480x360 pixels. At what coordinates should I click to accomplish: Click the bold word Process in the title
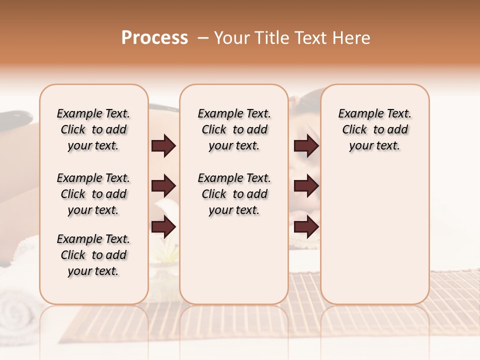(x=154, y=38)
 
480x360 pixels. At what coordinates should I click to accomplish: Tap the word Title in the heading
(x=271, y=38)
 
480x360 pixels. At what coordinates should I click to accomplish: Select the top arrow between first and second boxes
(x=163, y=146)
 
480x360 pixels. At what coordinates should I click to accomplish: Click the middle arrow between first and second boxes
(x=163, y=186)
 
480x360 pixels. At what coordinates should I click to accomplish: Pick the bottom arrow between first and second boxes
(x=163, y=227)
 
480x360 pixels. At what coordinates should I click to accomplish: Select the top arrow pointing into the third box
(x=306, y=146)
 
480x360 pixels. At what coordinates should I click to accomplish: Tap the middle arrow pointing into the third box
(x=306, y=186)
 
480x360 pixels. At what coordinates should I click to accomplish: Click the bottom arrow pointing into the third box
(x=306, y=227)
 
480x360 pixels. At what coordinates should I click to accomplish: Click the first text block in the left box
(x=93, y=129)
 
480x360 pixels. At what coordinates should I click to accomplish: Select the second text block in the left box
(x=93, y=194)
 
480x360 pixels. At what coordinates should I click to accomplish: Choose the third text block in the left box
(x=93, y=255)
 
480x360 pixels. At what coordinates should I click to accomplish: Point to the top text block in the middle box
(x=234, y=129)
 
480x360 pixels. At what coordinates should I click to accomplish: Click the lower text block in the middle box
(x=234, y=194)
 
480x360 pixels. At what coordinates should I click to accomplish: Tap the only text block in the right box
(x=374, y=129)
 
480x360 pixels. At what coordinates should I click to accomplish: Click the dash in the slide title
(x=203, y=38)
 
